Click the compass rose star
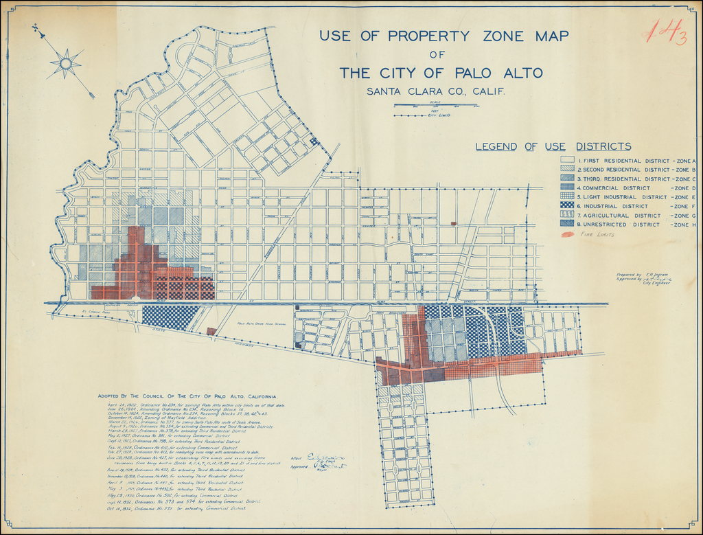coord(66,64)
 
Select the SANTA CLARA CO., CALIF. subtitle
coord(436,91)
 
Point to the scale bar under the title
coord(436,106)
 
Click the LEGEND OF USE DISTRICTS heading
coord(553,146)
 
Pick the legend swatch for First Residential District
coord(568,160)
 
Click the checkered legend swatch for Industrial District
coord(568,206)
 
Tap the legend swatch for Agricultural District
coord(568,215)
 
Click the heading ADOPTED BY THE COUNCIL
coord(187,396)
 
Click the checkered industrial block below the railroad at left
coord(170,317)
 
